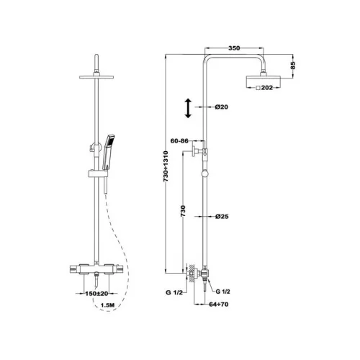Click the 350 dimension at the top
(234, 48)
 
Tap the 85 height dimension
(293, 66)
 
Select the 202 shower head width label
(267, 88)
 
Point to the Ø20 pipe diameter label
(221, 107)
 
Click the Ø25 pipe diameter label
(222, 217)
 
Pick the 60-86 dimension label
(179, 141)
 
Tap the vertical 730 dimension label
(183, 211)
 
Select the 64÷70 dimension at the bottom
(219, 305)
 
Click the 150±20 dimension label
(96, 293)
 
